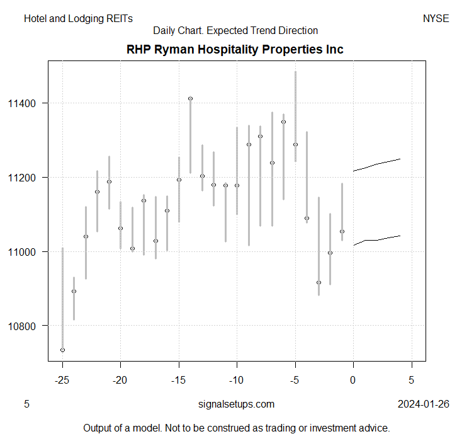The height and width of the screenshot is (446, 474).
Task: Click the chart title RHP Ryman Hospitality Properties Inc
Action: point(235,49)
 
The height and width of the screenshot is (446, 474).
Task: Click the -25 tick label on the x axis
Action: point(62,380)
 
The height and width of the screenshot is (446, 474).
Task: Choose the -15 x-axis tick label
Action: point(179,380)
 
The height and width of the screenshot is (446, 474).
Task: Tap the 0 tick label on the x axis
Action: point(353,380)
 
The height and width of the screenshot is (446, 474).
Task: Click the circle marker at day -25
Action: point(62,350)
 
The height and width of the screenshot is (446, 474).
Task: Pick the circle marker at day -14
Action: point(190,98)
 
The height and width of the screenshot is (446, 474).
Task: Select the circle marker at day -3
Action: point(319,282)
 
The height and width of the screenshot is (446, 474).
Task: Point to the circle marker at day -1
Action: point(342,231)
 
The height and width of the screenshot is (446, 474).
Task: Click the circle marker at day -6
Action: point(283,122)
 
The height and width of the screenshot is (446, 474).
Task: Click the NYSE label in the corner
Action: point(436,19)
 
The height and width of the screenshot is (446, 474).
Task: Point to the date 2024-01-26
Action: point(424,404)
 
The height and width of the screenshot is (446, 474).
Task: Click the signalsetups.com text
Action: point(236,404)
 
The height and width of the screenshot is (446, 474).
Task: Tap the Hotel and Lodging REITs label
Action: point(79,19)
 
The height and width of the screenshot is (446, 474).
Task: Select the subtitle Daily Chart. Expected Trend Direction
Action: point(235,30)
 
